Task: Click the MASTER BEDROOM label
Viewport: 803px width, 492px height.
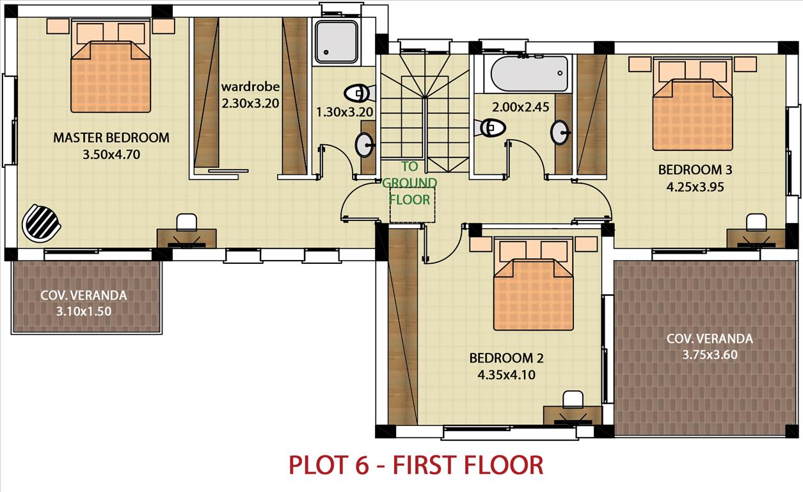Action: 111,138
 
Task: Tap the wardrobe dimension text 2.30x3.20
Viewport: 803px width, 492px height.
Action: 250,103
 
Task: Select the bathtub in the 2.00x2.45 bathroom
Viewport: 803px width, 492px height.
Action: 529,73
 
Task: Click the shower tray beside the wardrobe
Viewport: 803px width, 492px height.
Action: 336,42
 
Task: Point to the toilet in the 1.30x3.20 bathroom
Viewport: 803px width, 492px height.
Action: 359,94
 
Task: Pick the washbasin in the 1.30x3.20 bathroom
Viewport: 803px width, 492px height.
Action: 364,145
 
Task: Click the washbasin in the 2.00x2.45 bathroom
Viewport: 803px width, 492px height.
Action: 560,133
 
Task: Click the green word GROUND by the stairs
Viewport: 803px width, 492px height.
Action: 409,183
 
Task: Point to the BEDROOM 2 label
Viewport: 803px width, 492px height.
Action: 506,358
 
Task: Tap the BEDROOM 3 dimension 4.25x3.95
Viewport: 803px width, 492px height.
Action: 695,187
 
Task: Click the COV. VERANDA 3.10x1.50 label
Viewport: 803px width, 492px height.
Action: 84,303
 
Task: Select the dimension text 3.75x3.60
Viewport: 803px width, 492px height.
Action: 710,355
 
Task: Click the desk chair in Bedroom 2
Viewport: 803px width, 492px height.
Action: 573,400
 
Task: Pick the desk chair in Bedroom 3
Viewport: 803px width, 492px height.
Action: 756,222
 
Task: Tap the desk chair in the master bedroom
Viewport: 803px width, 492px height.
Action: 187,222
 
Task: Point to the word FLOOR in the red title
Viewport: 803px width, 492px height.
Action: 504,465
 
